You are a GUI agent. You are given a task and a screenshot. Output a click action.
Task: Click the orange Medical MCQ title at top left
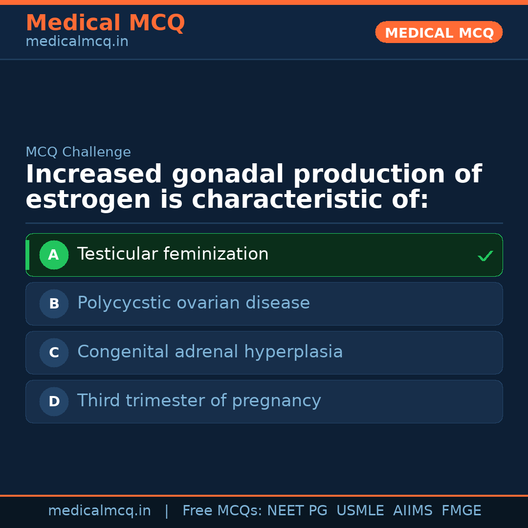tap(105, 23)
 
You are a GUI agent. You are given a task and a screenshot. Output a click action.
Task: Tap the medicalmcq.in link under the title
tap(77, 42)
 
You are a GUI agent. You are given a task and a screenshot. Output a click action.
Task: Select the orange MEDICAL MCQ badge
tap(439, 33)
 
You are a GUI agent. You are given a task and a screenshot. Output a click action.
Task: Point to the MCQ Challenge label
tap(78, 152)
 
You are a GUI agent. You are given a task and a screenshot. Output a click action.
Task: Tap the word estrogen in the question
tap(88, 200)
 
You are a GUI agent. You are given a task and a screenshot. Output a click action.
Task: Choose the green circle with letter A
tap(54, 255)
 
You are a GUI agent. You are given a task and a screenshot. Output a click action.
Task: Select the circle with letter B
tap(54, 304)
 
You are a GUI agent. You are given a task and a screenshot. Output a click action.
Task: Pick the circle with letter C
tap(54, 352)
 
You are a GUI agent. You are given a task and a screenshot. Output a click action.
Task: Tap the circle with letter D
tap(54, 401)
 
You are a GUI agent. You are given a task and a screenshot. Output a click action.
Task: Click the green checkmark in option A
tap(485, 256)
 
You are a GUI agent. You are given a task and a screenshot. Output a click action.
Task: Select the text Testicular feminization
tap(173, 254)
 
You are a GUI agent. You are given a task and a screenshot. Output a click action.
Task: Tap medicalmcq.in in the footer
tap(99, 511)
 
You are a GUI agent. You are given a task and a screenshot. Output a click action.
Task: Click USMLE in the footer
tap(360, 511)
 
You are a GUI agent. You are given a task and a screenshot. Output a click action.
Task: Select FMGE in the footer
tap(462, 511)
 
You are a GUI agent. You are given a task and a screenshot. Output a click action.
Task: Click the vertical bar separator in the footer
tap(167, 511)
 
